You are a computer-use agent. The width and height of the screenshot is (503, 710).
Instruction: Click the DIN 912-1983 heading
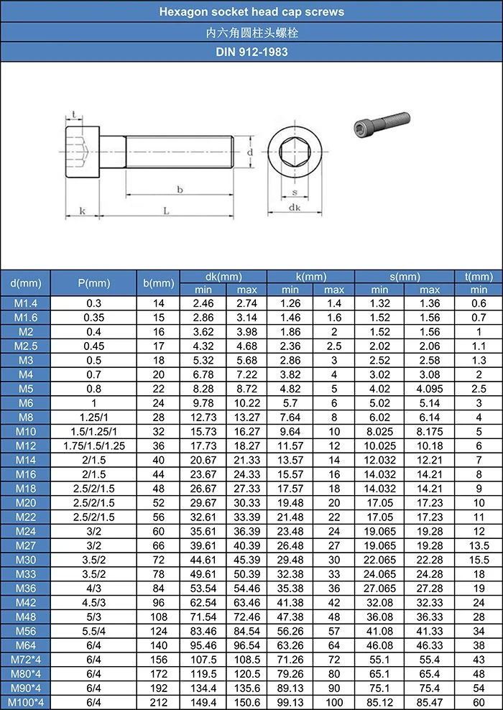[x=251, y=52]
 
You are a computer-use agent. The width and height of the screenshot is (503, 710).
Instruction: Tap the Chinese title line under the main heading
[x=251, y=32]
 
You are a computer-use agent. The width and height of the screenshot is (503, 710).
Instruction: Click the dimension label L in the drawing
[x=166, y=211]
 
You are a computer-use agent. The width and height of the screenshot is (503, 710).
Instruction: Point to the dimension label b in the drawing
[x=180, y=189]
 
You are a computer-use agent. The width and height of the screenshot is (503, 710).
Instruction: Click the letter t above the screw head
[x=74, y=114]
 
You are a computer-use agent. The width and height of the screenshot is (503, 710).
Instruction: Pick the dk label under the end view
[x=295, y=208]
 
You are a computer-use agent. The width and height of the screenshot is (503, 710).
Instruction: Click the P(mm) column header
[x=93, y=283]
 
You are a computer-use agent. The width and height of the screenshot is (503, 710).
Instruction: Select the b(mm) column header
[x=159, y=283]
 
